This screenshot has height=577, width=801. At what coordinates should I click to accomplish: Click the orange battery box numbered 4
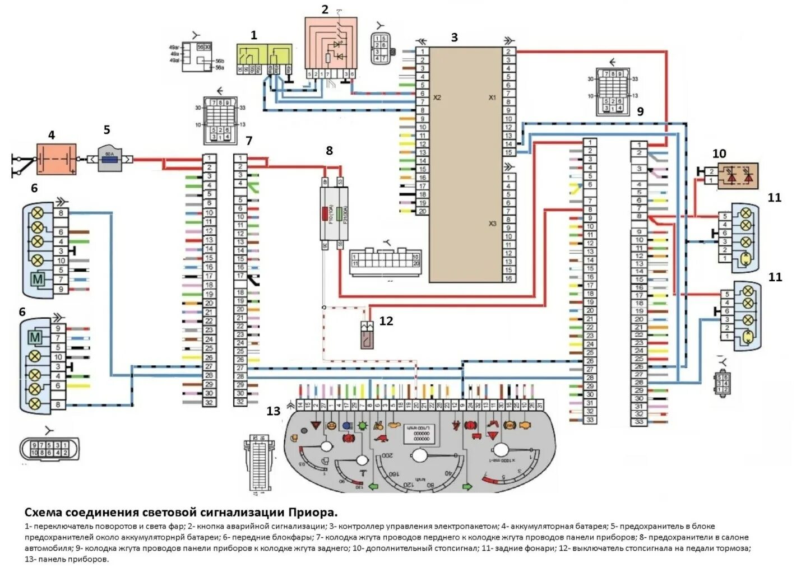(56, 159)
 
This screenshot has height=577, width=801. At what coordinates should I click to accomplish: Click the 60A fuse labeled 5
(109, 160)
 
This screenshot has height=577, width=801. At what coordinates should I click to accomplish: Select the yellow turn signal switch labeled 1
(263, 59)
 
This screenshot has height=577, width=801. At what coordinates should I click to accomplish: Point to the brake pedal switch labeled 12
(368, 334)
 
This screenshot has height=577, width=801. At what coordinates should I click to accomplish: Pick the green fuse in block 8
(340, 215)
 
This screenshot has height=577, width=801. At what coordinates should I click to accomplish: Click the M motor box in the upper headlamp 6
(38, 279)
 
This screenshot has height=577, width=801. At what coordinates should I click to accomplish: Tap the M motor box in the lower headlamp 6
(35, 337)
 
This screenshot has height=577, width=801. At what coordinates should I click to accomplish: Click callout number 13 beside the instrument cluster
(273, 411)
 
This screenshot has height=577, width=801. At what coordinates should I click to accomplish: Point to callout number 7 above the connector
(249, 141)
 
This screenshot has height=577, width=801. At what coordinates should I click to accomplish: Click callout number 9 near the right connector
(640, 111)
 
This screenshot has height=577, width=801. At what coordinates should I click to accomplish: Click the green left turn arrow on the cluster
(372, 486)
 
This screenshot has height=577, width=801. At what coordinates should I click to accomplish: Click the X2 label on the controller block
(437, 97)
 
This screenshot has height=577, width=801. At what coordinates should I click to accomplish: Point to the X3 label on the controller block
(492, 223)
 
